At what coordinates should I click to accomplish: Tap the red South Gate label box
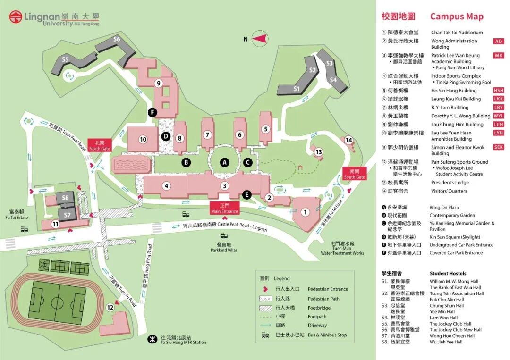(355, 174)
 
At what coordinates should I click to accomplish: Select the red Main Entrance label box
(225, 209)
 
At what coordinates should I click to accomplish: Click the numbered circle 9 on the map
(159, 84)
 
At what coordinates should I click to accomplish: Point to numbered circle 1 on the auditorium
(305, 212)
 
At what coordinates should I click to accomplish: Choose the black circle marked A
(225, 162)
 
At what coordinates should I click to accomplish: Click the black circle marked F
(152, 112)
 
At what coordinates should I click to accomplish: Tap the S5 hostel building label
(65, 59)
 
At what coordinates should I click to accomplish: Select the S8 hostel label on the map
(66, 198)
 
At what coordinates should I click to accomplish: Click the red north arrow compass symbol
(261, 38)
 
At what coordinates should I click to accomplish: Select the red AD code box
(499, 41)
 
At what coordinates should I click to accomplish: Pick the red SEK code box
(499, 147)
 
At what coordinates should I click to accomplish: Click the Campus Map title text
(456, 17)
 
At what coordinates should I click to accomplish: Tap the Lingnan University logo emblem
(16, 17)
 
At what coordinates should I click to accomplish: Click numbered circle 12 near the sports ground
(110, 308)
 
